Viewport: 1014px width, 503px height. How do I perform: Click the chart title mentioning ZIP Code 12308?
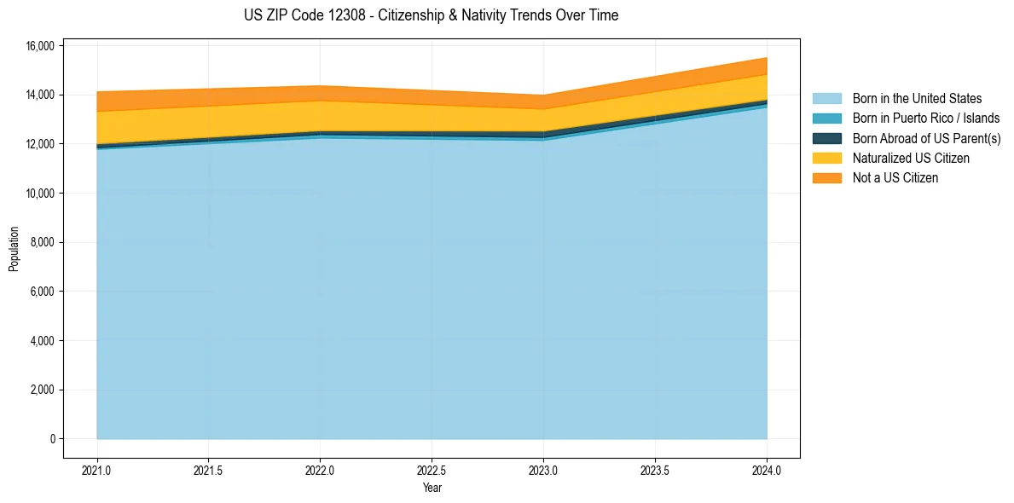[431, 15]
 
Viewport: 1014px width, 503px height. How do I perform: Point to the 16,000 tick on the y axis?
[41, 45]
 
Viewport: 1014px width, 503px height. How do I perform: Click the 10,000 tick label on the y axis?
[41, 194]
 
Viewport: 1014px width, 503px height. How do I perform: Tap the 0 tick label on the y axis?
[52, 439]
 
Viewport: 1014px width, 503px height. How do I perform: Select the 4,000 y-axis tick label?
[43, 341]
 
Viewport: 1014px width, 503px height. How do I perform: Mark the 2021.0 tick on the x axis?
[97, 471]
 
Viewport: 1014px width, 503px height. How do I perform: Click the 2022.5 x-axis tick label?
[432, 471]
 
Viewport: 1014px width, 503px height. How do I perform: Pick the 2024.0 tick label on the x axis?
[767, 471]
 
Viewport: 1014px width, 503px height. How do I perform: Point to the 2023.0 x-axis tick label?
[543, 471]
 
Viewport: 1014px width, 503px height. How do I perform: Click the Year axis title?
[432, 489]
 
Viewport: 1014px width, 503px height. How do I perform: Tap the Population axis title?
[14, 249]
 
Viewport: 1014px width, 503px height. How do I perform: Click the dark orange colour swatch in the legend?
[826, 178]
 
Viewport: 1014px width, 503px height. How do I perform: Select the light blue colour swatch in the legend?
[826, 99]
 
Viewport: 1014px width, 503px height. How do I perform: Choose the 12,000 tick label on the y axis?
[41, 144]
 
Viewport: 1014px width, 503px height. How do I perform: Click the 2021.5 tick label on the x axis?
[209, 471]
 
